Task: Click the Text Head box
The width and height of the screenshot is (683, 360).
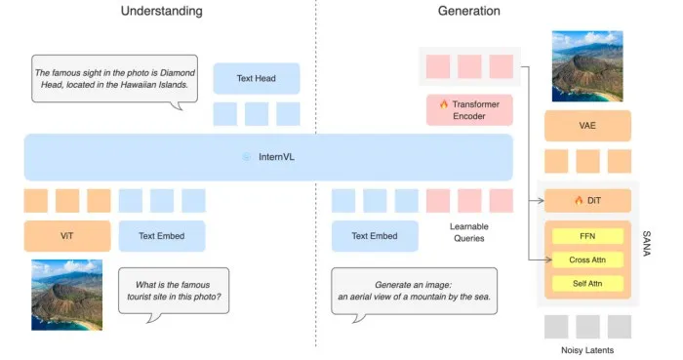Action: tap(256, 78)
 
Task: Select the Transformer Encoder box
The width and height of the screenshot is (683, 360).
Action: tap(469, 110)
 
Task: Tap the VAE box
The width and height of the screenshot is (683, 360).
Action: tap(587, 126)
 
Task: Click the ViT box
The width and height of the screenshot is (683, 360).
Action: tap(67, 236)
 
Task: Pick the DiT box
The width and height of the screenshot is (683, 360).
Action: tap(587, 201)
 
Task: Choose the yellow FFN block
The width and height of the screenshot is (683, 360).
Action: tap(587, 236)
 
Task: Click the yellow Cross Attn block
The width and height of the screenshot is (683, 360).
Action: tap(587, 260)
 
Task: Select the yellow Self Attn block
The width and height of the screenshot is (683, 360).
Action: tap(587, 283)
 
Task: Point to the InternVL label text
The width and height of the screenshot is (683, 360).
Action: tap(276, 157)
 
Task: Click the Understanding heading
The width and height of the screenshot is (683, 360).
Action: tap(162, 11)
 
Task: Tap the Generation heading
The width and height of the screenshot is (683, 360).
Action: tap(468, 11)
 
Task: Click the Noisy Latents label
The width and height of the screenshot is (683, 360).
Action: tap(587, 350)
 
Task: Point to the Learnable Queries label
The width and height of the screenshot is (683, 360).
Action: tap(469, 232)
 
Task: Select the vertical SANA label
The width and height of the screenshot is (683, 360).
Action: tap(646, 244)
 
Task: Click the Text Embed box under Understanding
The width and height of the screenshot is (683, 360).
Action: tap(162, 236)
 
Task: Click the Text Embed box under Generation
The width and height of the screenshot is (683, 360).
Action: tap(375, 236)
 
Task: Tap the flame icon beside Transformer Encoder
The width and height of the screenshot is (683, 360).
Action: tap(443, 104)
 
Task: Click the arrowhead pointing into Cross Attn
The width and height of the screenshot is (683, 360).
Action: tap(548, 260)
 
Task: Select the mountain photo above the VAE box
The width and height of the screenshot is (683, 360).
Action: tap(587, 66)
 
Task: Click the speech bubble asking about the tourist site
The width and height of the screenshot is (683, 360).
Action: tap(174, 292)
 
